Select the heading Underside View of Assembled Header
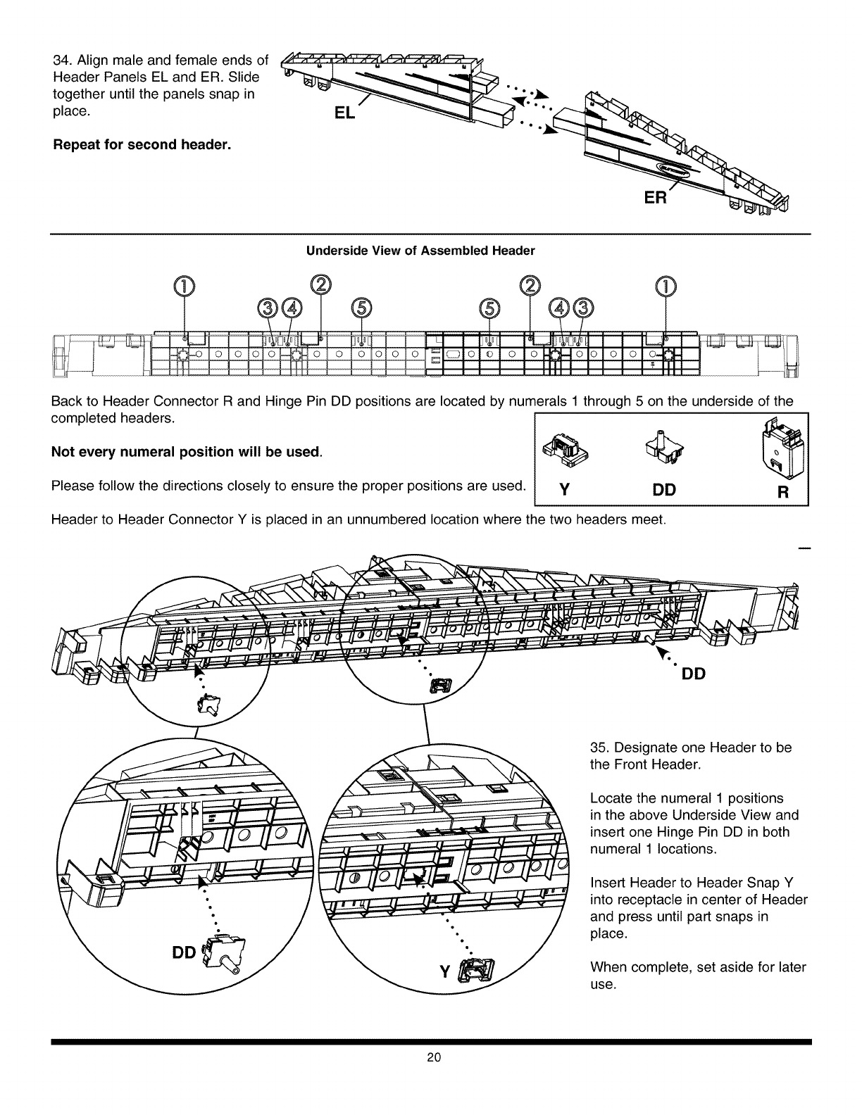(420, 251)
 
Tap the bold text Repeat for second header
(142, 146)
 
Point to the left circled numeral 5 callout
(361, 308)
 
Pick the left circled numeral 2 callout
(320, 284)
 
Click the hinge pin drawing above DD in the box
(660, 448)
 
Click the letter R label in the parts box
(782, 490)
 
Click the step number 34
(61, 59)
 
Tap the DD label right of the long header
(694, 674)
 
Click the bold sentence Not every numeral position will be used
(187, 451)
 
